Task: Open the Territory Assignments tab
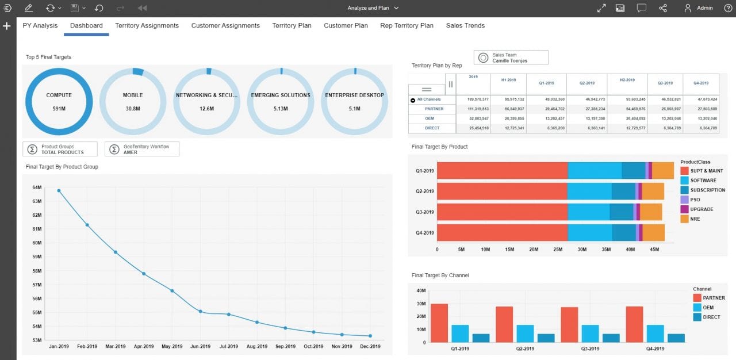[147, 25]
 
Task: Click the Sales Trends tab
[465, 25]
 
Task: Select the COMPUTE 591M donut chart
[59, 101]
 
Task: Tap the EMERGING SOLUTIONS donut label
[281, 95]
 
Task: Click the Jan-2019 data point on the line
[59, 190]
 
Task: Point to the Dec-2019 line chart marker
[370, 336]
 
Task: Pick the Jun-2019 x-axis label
[200, 346]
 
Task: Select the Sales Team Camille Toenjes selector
[511, 58]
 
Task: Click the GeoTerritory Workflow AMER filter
[141, 149]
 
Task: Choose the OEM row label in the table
[429, 118]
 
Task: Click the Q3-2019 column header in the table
[665, 83]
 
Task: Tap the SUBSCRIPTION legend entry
[707, 190]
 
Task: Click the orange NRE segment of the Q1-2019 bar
[663, 171]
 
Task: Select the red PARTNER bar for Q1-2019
[439, 323]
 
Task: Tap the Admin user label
[704, 8]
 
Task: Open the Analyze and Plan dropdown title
[373, 8]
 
